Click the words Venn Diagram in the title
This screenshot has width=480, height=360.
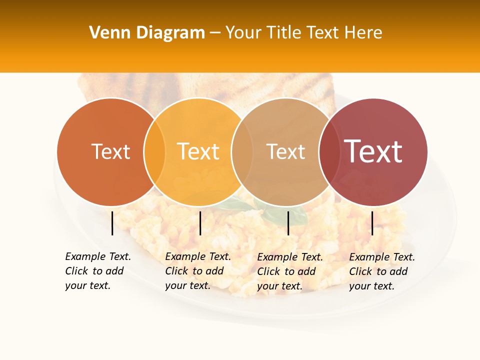tap(147, 33)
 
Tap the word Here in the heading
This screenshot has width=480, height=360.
tap(363, 33)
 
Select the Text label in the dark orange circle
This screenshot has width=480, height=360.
tap(110, 151)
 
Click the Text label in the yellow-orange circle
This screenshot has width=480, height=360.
tap(198, 151)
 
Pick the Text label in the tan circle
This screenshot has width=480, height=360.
tap(285, 151)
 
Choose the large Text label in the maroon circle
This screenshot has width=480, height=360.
tap(373, 151)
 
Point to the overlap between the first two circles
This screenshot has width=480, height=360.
tap(154, 151)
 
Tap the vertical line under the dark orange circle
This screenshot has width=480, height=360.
tap(112, 223)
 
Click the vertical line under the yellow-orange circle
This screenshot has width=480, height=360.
tap(200, 223)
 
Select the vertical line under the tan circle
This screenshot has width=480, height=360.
tap(288, 223)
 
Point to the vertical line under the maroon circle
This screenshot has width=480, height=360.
tap(372, 223)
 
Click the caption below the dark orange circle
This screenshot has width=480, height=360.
tap(97, 271)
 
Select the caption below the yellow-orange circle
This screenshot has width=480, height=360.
tap(197, 271)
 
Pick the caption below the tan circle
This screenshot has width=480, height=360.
tap(289, 271)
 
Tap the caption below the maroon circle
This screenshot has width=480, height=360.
tap(381, 271)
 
